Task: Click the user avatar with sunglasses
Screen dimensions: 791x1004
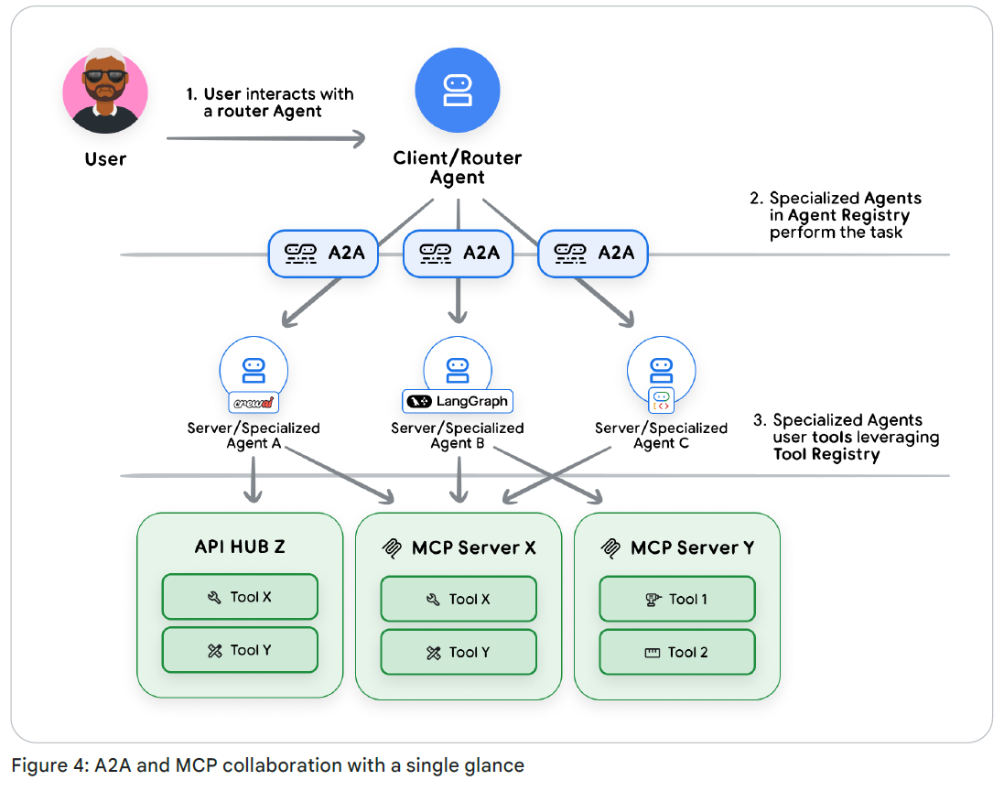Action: tap(105, 92)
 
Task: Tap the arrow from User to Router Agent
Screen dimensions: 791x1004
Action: tap(265, 138)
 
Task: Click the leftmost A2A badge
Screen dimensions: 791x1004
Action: tap(323, 252)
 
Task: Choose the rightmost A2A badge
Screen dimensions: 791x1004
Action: tap(593, 252)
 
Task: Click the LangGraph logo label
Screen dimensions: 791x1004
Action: tap(458, 401)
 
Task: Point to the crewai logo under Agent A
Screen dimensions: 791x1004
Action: tap(253, 403)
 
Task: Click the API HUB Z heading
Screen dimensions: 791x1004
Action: tap(240, 547)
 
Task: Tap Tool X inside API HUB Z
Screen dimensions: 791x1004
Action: tap(240, 597)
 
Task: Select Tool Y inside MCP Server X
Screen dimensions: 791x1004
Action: tap(459, 653)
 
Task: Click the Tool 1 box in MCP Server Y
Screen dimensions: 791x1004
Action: tap(677, 599)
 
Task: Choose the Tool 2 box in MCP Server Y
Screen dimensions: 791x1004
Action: tap(677, 653)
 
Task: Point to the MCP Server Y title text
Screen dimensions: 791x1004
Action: tap(692, 548)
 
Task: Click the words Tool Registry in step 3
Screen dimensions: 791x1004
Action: tap(826, 454)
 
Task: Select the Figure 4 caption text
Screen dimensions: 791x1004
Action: tap(267, 765)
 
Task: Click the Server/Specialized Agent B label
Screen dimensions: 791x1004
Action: tap(458, 436)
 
